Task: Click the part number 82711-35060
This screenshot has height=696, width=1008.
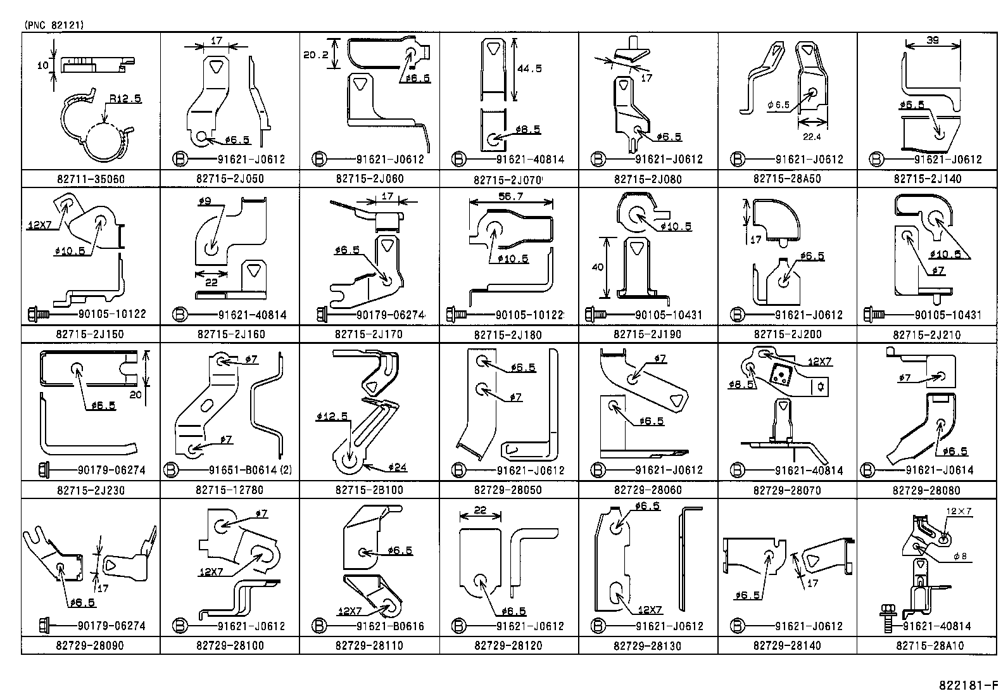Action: point(90,179)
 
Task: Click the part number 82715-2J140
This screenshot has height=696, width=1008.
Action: point(927,179)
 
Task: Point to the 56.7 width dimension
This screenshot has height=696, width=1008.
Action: point(510,197)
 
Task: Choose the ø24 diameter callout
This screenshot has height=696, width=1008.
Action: point(398,468)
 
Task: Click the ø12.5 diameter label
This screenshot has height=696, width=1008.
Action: point(332,416)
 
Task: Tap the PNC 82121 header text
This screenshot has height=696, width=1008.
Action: point(54,25)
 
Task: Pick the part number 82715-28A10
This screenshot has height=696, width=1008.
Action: point(927,646)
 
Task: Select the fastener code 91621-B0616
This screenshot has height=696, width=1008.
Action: point(390,626)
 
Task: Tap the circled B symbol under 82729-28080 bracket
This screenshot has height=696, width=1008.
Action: point(867,471)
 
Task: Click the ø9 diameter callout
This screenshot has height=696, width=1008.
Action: point(205,201)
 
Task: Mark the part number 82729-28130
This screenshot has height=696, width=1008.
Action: point(648,646)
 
